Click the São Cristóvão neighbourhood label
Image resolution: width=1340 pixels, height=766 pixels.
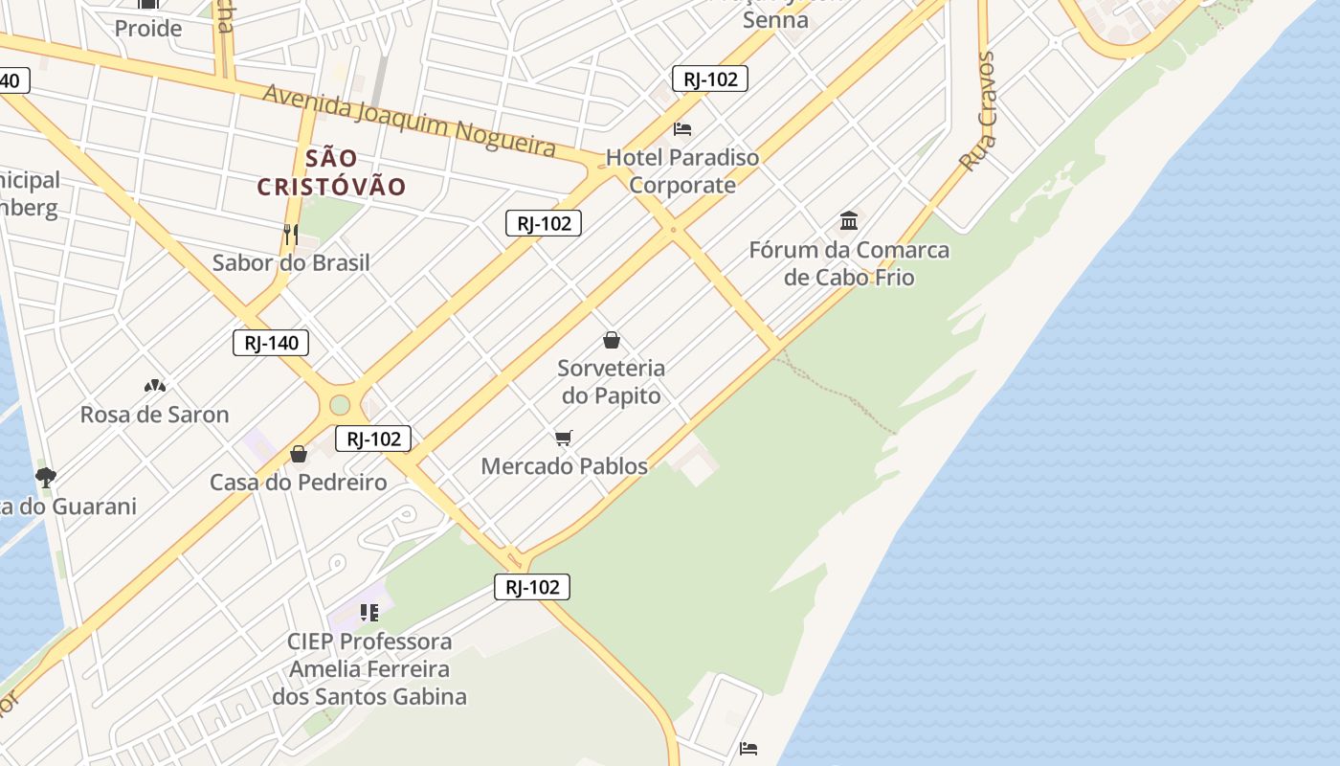coord(331,172)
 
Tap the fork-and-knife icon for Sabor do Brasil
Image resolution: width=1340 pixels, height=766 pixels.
coord(290,233)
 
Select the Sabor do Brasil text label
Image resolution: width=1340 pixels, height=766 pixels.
coord(291,262)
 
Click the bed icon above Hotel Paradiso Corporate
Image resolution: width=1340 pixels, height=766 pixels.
coord(682,128)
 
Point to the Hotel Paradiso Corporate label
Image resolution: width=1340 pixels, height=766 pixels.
coord(682,171)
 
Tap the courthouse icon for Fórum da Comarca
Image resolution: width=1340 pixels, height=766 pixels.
coord(849,222)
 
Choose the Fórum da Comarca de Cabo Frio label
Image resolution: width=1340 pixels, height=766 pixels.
coord(849,263)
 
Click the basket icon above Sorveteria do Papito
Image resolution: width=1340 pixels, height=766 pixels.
coord(612,340)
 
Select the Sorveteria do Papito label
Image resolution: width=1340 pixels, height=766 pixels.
coord(611,381)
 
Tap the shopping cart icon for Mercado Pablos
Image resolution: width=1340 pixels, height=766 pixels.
coord(564,439)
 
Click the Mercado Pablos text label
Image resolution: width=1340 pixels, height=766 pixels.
coord(564,466)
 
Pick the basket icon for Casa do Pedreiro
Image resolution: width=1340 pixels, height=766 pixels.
coord(299,454)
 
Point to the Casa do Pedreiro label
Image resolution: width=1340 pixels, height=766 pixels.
coord(299,482)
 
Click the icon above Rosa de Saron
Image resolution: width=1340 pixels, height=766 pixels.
coord(154,386)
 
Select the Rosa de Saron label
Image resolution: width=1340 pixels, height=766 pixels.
coord(154,415)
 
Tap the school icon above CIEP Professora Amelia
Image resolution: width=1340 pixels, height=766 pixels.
coord(369,612)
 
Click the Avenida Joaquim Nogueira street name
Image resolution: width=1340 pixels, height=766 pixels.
coord(409,120)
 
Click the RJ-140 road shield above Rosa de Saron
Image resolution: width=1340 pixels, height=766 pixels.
coord(271,343)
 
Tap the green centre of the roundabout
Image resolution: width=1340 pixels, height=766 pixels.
coord(340,405)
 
